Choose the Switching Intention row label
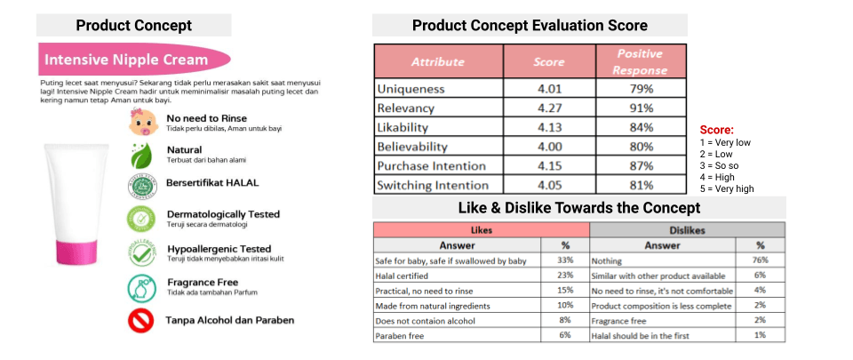click(433, 185)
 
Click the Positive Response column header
click(640, 61)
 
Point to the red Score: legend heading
click(716, 130)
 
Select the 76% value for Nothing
click(760, 260)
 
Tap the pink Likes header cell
click(481, 229)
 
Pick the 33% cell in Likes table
click(565, 260)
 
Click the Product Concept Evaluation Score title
click(530, 25)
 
